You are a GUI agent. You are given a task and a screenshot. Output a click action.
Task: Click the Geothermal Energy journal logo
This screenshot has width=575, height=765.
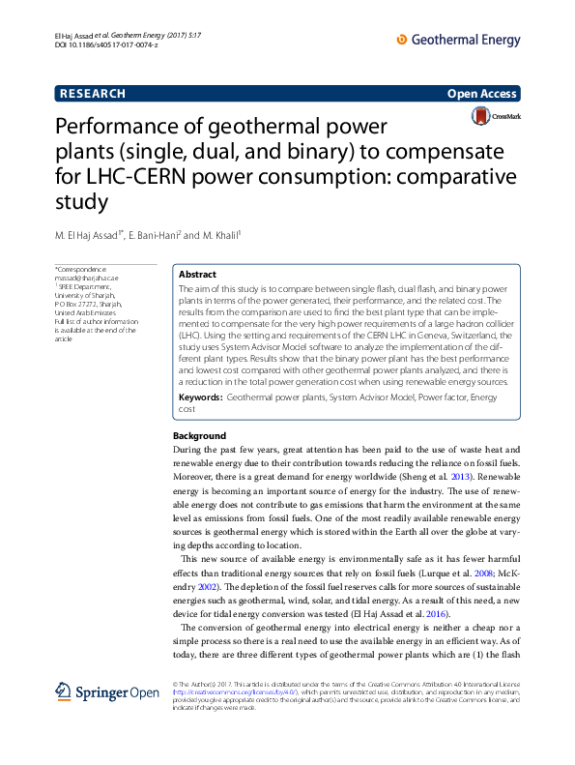point(459,41)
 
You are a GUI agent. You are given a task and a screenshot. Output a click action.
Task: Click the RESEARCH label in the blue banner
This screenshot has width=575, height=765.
point(93,94)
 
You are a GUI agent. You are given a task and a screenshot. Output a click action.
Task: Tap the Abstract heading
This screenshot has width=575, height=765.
point(198,275)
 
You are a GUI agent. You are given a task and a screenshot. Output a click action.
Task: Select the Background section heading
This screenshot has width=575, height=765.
point(199,436)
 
